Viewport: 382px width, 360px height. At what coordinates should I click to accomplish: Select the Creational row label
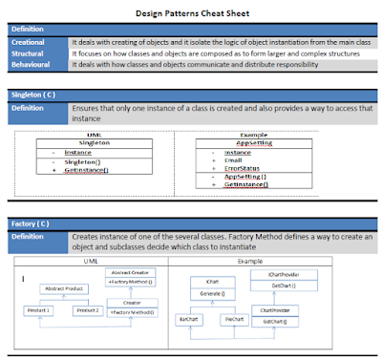30,43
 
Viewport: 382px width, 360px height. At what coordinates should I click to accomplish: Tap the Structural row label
30,53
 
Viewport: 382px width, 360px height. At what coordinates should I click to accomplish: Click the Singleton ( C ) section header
33,96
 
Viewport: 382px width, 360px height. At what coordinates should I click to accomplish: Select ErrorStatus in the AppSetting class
243,167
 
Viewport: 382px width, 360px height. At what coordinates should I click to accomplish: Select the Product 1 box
39,310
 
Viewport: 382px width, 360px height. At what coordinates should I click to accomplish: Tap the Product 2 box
89,310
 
